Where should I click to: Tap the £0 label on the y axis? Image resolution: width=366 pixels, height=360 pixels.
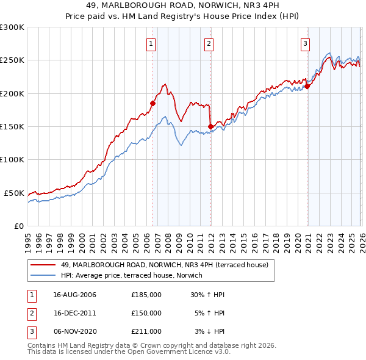tap(18, 226)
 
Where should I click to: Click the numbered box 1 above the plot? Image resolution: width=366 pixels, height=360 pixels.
tap(151, 43)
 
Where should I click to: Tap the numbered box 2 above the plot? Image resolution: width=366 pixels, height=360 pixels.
tap(209, 43)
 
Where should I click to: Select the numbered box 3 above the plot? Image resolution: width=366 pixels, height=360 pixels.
tap(305, 43)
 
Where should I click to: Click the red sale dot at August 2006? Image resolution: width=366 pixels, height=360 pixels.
tap(152, 104)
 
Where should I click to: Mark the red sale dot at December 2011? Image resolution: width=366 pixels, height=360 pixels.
tap(210, 127)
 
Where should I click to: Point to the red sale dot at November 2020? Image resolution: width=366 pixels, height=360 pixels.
tap(307, 86)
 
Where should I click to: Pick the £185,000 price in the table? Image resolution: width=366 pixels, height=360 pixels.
tap(146, 295)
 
